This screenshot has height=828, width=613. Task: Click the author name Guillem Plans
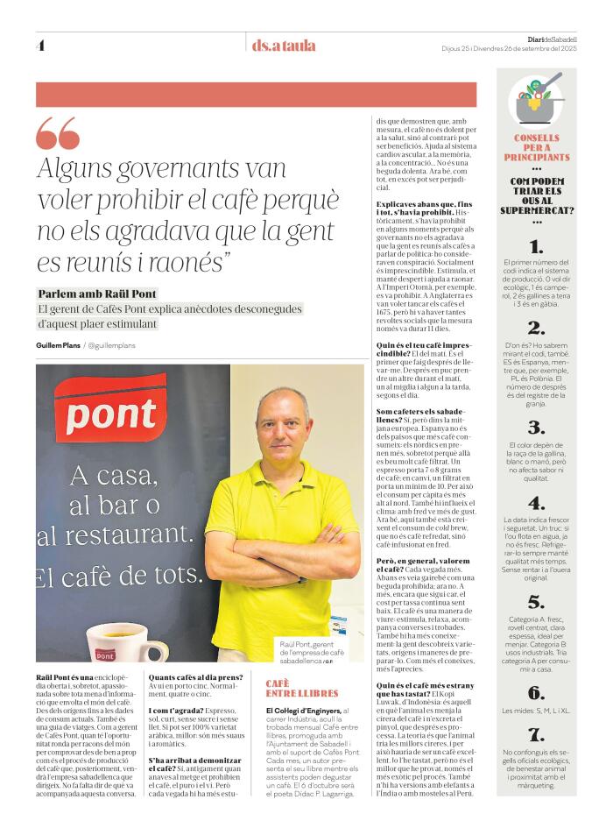pyautogui.click(x=58, y=346)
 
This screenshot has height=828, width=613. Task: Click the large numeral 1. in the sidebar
pyautogui.click(x=537, y=247)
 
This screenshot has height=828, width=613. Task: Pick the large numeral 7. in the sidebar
pyautogui.click(x=537, y=734)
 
